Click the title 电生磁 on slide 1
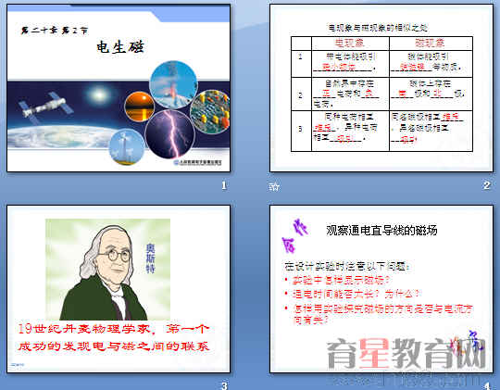coord(118,50)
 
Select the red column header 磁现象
coord(430,43)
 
